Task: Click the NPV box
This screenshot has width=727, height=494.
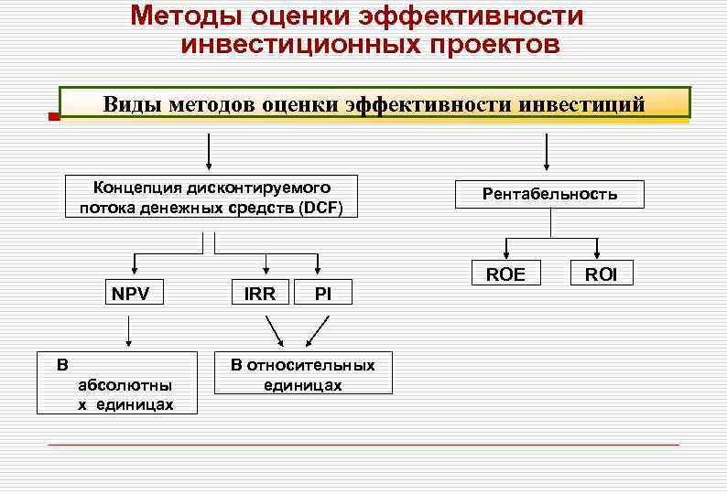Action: tap(130, 295)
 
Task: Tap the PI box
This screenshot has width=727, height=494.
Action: tap(322, 295)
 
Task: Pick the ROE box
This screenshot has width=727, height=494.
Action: tap(505, 274)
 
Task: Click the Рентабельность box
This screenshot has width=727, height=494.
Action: tap(549, 194)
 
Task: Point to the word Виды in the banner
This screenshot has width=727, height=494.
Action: tap(133, 104)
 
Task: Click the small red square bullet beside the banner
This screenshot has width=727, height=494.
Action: tap(53, 118)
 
